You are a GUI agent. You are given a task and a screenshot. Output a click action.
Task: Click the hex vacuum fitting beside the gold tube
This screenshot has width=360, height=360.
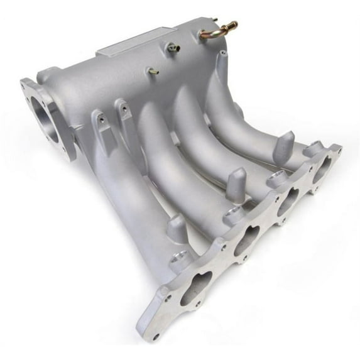173,46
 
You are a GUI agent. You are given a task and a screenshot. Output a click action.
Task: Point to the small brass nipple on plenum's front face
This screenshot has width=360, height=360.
152,71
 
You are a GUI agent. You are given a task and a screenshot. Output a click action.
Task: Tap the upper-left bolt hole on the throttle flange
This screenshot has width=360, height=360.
26,84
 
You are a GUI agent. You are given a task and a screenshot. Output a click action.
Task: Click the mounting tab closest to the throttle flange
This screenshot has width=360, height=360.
99,123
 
